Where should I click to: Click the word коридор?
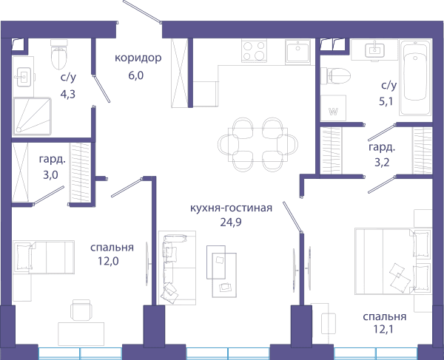tap(138, 58)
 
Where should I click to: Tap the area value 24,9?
tap(231, 223)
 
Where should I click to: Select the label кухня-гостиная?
tap(231, 208)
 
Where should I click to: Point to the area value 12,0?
tap(108, 261)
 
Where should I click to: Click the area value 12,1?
tap(383, 329)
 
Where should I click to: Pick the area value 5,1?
tap(386, 101)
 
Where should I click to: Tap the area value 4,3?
tap(68, 94)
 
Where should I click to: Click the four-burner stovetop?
tap(254, 50)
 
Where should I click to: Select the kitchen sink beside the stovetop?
tap(298, 51)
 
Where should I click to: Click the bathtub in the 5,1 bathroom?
tap(415, 77)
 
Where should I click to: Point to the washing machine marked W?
tap(333, 108)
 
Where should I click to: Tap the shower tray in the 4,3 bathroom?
tap(33, 116)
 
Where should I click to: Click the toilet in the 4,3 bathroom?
tap(59, 55)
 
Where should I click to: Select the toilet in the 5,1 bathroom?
tap(335, 76)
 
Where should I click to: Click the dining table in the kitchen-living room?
tap(258, 144)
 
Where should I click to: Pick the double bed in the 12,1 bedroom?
tap(393, 262)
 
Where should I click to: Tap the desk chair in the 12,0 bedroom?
tap(81, 310)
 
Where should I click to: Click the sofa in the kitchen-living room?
tap(177, 268)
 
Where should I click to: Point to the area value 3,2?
tap(382, 163)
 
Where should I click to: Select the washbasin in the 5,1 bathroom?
tap(375, 50)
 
